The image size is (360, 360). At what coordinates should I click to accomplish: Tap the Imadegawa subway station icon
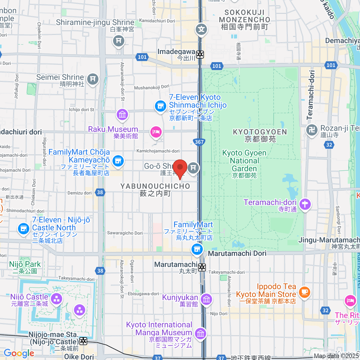(x=200, y=55)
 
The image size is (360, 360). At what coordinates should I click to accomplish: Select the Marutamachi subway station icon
(x=202, y=267)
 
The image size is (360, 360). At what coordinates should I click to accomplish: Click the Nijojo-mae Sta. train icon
(x=83, y=341)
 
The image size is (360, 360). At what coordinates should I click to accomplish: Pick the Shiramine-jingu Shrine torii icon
(x=118, y=40)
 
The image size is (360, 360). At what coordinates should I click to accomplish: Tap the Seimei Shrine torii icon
(x=93, y=79)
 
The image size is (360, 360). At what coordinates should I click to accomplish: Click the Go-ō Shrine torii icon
(x=193, y=167)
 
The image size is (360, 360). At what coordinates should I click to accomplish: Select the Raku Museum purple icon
(x=122, y=114)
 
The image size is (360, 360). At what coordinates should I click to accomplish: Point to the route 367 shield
(x=199, y=142)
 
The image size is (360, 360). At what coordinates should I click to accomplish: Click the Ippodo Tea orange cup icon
(x=304, y=291)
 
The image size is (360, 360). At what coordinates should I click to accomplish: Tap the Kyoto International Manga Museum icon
(x=200, y=333)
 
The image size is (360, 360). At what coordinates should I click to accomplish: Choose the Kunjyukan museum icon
(x=206, y=299)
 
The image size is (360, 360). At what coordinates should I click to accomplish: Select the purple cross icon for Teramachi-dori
(x=305, y=204)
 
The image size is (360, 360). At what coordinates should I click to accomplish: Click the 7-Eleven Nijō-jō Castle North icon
(x=23, y=229)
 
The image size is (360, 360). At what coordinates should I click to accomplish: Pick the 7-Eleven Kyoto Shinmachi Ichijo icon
(x=160, y=106)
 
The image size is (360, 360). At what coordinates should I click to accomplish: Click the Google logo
(x=19, y=353)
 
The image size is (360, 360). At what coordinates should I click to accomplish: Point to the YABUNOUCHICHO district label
(x=155, y=186)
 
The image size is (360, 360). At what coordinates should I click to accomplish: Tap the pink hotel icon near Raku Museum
(x=156, y=132)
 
